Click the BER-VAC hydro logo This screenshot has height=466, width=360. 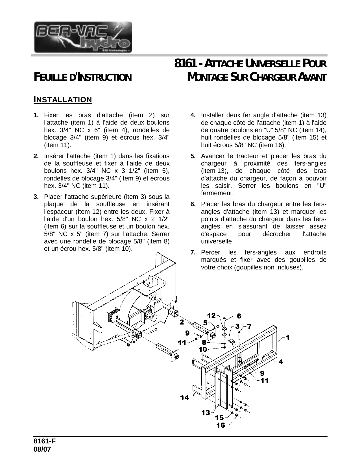pyautogui.click(x=83, y=37)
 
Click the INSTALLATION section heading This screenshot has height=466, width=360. pyautogui.click(x=62, y=99)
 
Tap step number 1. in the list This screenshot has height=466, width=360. pyautogui.click(x=36, y=115)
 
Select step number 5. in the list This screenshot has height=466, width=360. pyautogui.click(x=193, y=156)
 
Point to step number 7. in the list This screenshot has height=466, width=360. pyautogui.click(x=193, y=252)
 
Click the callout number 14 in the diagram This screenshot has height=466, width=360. pyautogui.click(x=185, y=397)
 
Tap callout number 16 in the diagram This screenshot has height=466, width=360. pyautogui.click(x=221, y=425)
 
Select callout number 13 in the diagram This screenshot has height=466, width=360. pyautogui.click(x=206, y=413)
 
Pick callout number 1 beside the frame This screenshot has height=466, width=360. pyautogui.click(x=288, y=337)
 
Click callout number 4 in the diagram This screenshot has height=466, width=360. pyautogui.click(x=281, y=362)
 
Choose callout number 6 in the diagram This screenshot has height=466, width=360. pyautogui.click(x=239, y=315)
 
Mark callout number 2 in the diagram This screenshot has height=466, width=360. pyautogui.click(x=182, y=322)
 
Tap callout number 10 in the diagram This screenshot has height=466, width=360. pyautogui.click(x=203, y=349)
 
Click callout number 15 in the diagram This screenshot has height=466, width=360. pyautogui.click(x=219, y=417)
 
